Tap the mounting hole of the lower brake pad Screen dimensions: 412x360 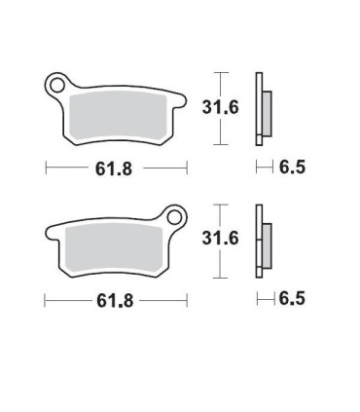176,215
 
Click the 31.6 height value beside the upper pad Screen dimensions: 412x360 247,107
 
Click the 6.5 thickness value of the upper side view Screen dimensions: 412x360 292,168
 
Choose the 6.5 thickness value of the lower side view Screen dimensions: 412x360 292,299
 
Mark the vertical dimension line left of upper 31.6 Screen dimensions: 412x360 221,106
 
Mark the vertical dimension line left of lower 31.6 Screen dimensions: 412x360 221,239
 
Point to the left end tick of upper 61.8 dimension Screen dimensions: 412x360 45,169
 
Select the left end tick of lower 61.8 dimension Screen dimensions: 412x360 45,301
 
